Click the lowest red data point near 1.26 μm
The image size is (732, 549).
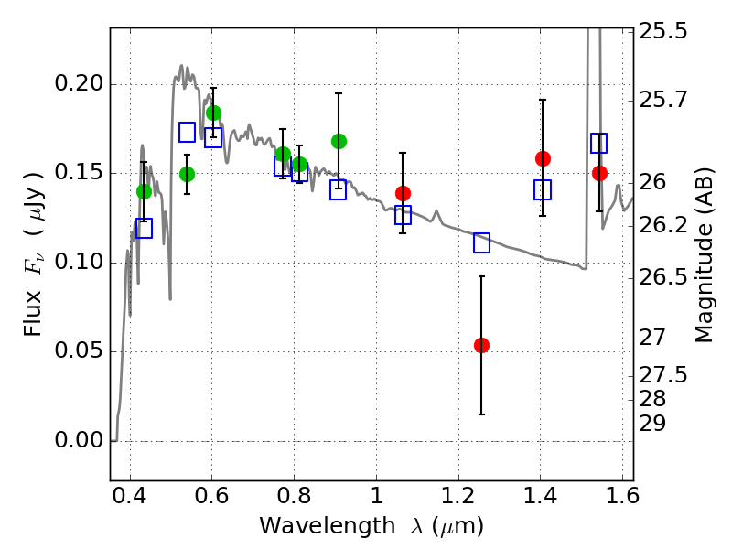point(481,345)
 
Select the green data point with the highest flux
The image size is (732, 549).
point(213,113)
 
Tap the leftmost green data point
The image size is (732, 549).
point(144,191)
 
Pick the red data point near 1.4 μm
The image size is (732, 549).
point(543,158)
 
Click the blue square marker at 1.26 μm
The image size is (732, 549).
point(482,242)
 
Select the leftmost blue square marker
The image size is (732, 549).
point(144,228)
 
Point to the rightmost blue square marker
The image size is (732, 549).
point(599,143)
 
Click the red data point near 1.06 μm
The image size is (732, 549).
point(403,193)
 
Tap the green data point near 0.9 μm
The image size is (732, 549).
point(339,141)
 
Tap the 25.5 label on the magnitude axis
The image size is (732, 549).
point(664,32)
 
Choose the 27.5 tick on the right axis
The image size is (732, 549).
point(664,375)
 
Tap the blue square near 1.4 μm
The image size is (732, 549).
point(543,190)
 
